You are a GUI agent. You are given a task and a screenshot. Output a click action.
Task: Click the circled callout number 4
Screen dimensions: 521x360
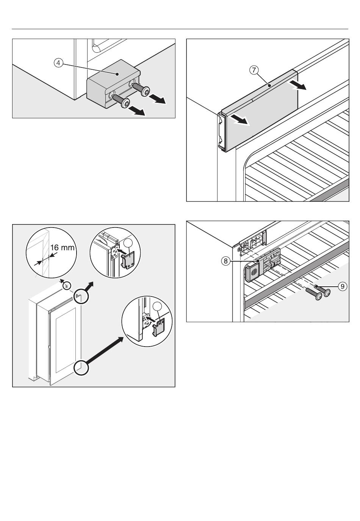[x=58, y=63]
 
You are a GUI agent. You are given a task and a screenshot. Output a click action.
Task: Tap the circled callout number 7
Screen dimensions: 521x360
[x=254, y=70]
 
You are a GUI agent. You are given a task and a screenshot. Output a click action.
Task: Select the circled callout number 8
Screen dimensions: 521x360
[x=226, y=261]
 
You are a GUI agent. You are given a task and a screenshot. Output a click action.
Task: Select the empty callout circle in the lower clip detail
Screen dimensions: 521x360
[x=158, y=308]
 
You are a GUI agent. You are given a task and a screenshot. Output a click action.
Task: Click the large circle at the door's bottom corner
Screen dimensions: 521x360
[x=81, y=367]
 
